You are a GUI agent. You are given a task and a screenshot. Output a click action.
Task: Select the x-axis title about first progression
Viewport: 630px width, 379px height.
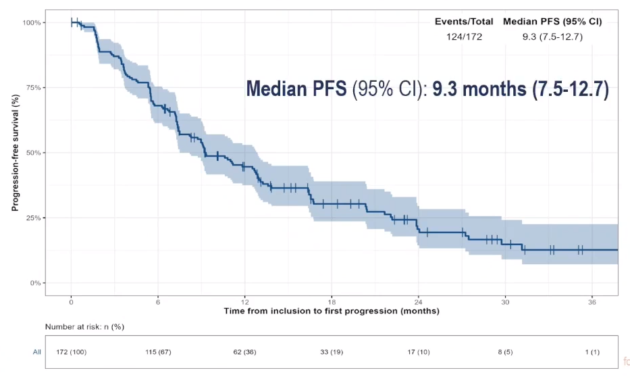332,311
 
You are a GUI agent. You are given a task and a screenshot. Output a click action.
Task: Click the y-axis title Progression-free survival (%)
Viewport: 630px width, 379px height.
15,153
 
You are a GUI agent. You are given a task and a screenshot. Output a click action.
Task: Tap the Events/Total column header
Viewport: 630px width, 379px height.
464,22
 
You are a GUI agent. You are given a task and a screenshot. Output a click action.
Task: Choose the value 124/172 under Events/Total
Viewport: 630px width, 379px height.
464,36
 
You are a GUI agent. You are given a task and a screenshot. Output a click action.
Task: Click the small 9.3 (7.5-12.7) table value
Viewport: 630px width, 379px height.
552,36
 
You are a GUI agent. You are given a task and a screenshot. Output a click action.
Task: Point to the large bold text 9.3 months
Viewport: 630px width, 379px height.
479,89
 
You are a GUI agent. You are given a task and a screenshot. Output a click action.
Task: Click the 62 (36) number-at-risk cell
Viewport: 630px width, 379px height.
244,352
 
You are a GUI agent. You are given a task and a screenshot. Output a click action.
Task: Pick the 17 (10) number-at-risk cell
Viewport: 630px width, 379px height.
419,352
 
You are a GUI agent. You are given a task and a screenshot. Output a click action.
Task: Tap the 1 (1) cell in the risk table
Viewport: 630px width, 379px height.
592,352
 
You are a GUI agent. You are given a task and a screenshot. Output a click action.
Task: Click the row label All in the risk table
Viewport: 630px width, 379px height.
37,352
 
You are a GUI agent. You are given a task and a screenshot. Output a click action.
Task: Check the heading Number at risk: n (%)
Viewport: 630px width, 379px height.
84,327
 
